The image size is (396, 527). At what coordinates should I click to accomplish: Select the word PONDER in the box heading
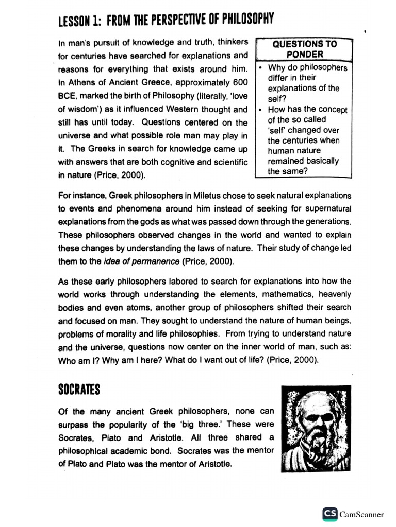point(305,55)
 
